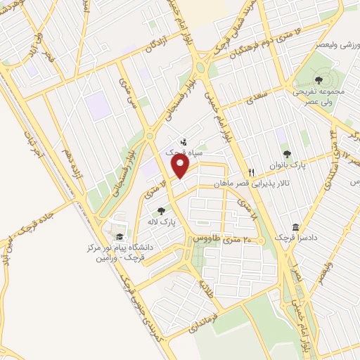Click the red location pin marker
181,167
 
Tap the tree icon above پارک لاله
161,210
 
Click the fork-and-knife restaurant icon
251,172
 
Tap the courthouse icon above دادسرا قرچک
295,227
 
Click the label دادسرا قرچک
295,238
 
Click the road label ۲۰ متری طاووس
218,240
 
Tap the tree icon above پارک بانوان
285,154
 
